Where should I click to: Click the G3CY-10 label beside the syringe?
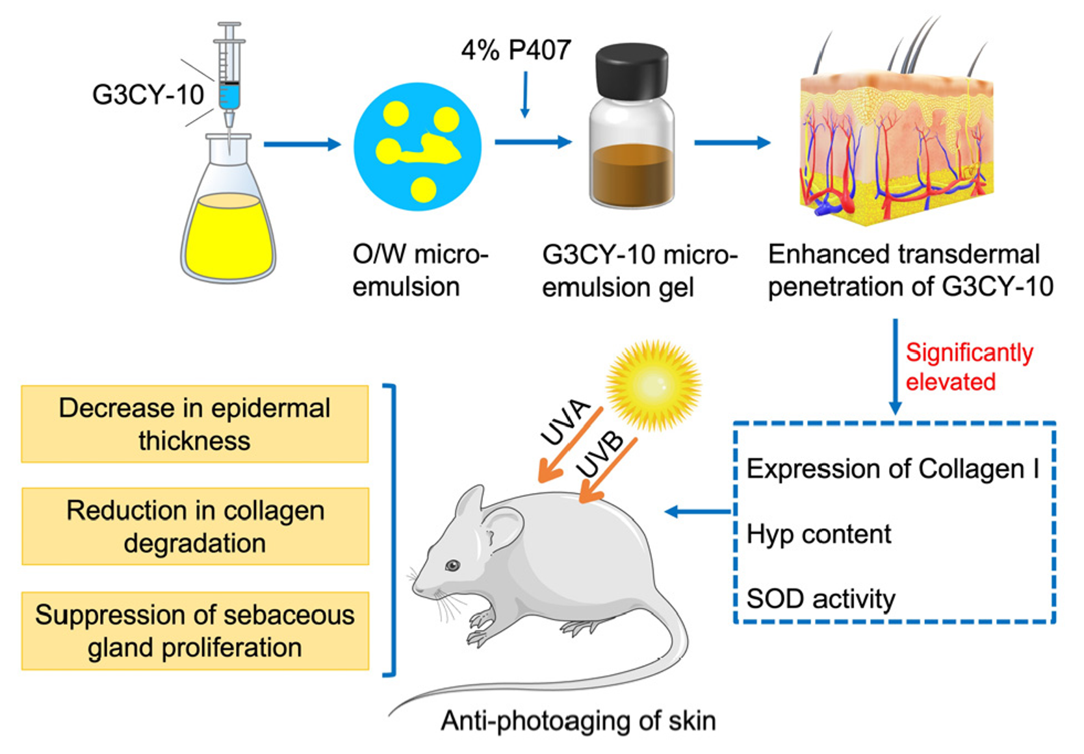(148, 95)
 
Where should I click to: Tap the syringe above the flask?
(229, 78)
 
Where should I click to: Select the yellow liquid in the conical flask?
(228, 237)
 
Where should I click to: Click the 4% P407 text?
(516, 50)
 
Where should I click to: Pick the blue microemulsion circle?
(417, 146)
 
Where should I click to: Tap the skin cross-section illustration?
(897, 149)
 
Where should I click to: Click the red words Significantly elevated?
(968, 367)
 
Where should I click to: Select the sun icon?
(653, 383)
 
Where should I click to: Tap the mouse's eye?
(452, 566)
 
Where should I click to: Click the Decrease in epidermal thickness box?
(195, 424)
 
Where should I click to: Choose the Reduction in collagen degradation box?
(195, 526)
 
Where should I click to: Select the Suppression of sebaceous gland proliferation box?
(195, 631)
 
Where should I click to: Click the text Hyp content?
(818, 534)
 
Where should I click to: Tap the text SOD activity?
(820, 599)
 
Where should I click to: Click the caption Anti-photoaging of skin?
(578, 721)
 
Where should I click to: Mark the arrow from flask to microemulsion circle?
(302, 144)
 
